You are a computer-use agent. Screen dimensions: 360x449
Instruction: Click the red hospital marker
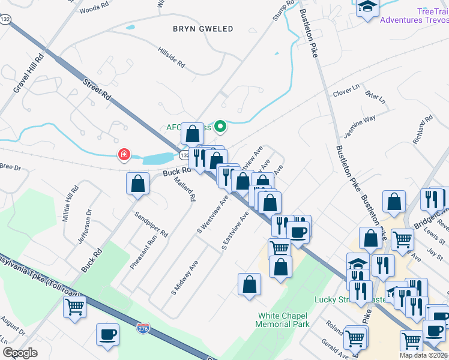[x=124, y=155]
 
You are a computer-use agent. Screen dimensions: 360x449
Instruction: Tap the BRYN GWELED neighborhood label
[x=202, y=29]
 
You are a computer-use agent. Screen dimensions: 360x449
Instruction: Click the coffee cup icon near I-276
[x=108, y=335]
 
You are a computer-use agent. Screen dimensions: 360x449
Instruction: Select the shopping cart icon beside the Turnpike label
[x=75, y=307]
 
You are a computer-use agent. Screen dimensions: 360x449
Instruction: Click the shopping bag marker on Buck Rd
[x=138, y=184]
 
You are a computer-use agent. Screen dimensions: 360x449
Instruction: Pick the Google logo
[x=20, y=353]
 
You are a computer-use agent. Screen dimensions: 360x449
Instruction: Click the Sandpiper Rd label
[x=151, y=224]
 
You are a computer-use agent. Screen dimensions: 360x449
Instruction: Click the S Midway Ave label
[x=185, y=277]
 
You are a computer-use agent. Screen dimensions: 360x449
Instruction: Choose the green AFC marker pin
[x=220, y=126]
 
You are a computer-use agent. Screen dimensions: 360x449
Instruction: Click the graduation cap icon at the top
[x=367, y=7]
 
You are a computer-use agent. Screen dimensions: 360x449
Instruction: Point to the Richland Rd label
[x=423, y=129]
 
